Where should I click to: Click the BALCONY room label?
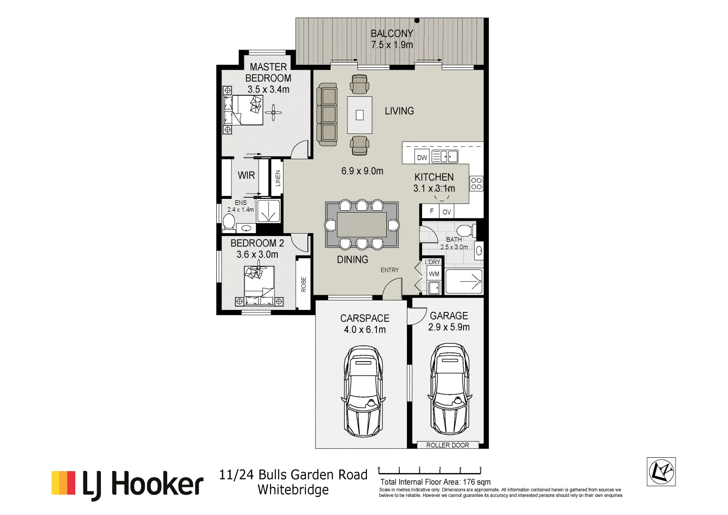point(392,34)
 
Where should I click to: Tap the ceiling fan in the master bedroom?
point(273,113)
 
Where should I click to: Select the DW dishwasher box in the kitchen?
point(422,157)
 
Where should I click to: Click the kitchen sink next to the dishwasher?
point(445,156)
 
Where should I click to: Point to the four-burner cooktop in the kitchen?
point(476,184)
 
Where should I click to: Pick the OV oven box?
point(446,212)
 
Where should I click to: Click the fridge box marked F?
point(432,211)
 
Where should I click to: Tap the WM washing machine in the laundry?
point(434,274)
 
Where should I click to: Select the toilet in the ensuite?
point(229,222)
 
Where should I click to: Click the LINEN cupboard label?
point(278,178)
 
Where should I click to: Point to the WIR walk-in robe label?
point(246,175)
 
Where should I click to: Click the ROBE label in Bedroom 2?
point(303,284)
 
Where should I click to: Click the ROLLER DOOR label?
point(447,445)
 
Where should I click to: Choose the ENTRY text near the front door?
point(389,270)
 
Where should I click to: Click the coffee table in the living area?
point(360,115)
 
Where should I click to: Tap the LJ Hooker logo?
point(127,484)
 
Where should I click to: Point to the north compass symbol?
point(661,472)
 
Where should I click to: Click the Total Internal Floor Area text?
point(435,482)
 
